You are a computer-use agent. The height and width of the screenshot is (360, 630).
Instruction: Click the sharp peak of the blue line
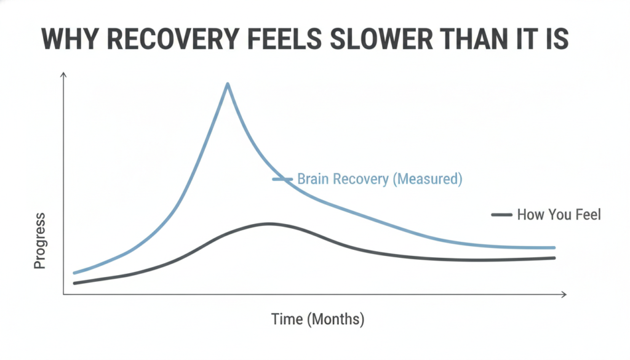(x=228, y=84)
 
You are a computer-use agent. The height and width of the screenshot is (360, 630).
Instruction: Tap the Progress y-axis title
(x=39, y=241)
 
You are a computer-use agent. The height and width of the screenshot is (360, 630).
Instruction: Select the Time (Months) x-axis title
(x=318, y=319)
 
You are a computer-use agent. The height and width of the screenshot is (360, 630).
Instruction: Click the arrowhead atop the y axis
(x=63, y=74)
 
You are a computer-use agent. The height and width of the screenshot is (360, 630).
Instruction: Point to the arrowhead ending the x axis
(x=564, y=295)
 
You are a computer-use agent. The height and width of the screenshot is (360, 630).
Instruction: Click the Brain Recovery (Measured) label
(x=380, y=179)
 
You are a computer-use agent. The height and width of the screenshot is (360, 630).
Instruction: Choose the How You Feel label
(x=559, y=215)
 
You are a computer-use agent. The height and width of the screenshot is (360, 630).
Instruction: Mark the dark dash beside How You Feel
(x=502, y=215)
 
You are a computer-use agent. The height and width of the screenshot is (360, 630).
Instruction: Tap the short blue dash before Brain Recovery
(x=283, y=179)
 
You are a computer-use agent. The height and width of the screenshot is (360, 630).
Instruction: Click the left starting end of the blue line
(x=74, y=273)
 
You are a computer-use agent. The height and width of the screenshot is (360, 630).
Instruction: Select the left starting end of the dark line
(x=74, y=283)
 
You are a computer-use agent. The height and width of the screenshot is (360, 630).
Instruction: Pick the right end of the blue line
(x=554, y=248)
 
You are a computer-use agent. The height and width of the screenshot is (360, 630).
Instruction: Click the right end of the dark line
(x=554, y=258)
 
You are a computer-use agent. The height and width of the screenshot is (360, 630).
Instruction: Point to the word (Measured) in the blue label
(x=427, y=179)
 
